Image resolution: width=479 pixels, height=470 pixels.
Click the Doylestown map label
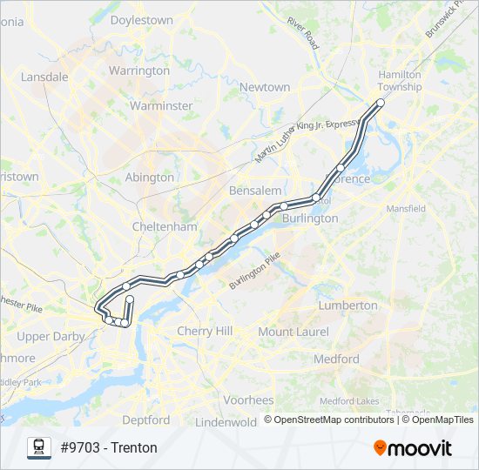[x=141, y=19]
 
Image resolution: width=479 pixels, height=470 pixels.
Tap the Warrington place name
[x=139, y=70]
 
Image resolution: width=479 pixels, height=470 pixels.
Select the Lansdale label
[x=44, y=77]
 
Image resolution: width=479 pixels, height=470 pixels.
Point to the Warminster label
[x=160, y=105]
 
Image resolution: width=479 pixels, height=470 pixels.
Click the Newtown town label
[x=265, y=87]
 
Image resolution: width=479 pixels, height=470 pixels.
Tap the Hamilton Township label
[x=400, y=80]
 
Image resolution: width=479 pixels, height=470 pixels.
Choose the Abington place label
[x=150, y=177]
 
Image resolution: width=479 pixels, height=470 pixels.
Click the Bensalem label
[x=255, y=190]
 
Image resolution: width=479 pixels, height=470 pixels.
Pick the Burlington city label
[x=310, y=218]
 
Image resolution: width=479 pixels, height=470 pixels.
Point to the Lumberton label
[x=347, y=305]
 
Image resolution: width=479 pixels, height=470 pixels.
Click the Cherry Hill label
[x=205, y=331]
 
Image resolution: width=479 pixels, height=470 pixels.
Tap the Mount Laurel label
[x=293, y=332]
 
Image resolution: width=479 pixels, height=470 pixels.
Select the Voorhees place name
[x=248, y=400]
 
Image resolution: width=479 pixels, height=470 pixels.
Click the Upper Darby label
[x=46, y=336]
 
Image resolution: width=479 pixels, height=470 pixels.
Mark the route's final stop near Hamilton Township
[x=380, y=103]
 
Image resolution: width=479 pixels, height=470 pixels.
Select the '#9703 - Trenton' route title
[x=109, y=447]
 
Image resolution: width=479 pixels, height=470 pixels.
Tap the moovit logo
[x=413, y=447]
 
